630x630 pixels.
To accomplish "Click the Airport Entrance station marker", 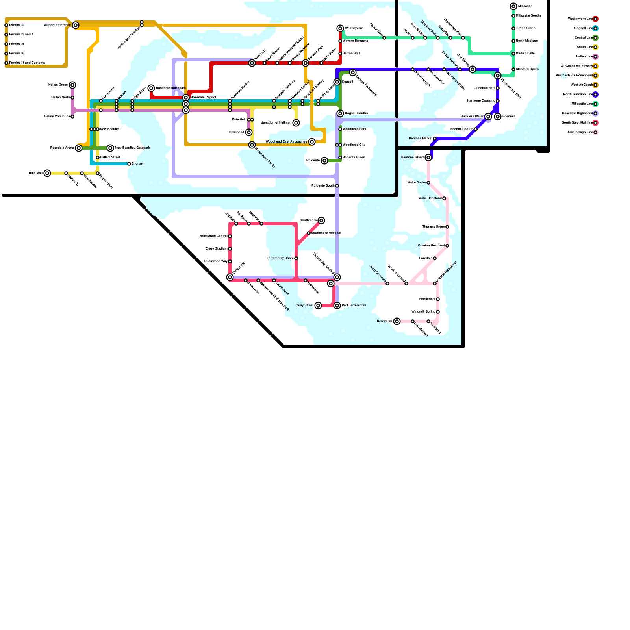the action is click(x=76, y=25).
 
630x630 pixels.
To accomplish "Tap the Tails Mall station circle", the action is click(x=47, y=173).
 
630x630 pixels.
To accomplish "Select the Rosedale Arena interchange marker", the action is click(x=79, y=148).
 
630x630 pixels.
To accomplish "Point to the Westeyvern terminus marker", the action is click(x=340, y=28).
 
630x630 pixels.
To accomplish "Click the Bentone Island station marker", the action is click(x=428, y=157).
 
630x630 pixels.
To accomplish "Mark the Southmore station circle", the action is click(x=321, y=220).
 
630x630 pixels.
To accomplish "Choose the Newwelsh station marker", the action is click(x=397, y=321).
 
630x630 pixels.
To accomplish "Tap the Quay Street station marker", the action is click(x=318, y=306).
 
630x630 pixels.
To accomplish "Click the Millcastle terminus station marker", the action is click(x=513, y=6).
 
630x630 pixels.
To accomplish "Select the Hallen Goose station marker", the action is click(x=72, y=85).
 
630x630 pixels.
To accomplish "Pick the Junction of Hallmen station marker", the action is click(x=296, y=123).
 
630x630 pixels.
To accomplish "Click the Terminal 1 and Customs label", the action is click(x=27, y=63).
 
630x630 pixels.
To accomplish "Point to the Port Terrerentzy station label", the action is click(x=354, y=306).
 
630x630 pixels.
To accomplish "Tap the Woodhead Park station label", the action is click(x=354, y=129).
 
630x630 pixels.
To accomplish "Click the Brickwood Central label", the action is click(x=213, y=236).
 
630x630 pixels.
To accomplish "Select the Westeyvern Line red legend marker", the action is click(x=595, y=19).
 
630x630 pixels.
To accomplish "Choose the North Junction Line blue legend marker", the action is click(x=595, y=94).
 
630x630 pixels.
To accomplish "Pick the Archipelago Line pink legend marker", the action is click(x=595, y=132).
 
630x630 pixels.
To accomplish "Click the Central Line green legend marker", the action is click(x=595, y=38).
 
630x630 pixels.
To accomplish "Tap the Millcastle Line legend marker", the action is click(x=595, y=104).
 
